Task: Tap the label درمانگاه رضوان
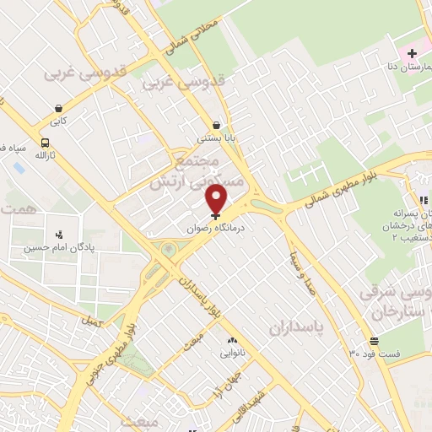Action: [x=218, y=228]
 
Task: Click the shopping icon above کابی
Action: [x=57, y=108]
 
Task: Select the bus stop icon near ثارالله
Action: [x=44, y=143]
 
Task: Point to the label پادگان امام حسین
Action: [x=58, y=248]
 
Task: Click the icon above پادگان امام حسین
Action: [x=58, y=235]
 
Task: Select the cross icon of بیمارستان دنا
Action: [x=411, y=54]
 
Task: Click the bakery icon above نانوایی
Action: [x=230, y=340]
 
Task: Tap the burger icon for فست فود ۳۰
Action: [x=374, y=341]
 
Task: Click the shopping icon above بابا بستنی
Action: [x=218, y=123]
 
